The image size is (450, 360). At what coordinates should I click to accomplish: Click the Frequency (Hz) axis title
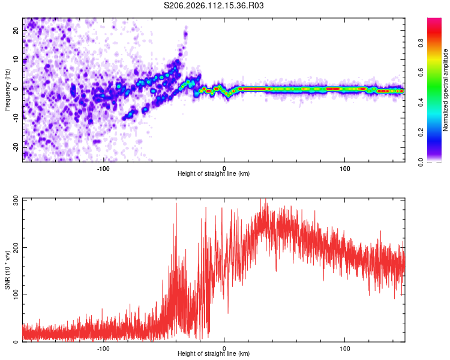coord(7,89)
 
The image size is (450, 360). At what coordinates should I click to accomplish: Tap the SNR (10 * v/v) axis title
coord(7,269)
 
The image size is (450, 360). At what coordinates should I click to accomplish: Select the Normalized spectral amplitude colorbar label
coord(445,90)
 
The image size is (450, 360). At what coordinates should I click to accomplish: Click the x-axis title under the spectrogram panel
coord(214,173)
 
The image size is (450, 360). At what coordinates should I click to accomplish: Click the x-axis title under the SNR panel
coord(214,353)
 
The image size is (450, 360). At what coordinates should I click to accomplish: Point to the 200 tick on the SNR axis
coord(14,247)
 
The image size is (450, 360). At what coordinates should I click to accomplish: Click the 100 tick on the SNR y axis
coord(14,295)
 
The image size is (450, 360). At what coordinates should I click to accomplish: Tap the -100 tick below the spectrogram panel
coord(103,167)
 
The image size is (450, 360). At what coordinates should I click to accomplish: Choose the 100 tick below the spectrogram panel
coord(345,167)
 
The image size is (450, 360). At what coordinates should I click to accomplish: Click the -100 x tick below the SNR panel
coord(103,347)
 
